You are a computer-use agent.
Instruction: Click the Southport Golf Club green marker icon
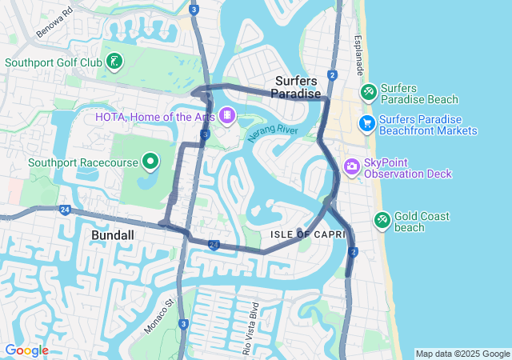tap(114, 62)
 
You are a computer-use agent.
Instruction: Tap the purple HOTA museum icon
tap(228, 117)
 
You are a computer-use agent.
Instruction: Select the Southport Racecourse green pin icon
tap(150, 162)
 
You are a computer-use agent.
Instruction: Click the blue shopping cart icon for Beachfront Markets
tap(367, 123)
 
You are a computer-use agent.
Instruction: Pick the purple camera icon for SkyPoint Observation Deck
tap(351, 166)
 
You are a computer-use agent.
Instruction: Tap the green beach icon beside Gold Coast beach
tap(382, 219)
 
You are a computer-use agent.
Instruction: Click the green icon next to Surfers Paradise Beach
tap(368, 93)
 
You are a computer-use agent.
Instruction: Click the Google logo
tap(26, 350)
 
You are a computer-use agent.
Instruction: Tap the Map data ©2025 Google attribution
tap(462, 354)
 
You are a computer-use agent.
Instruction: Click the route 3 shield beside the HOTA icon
tap(206, 136)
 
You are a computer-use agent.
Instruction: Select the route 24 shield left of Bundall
tap(65, 210)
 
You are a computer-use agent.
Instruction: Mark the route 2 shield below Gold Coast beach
tap(354, 252)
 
